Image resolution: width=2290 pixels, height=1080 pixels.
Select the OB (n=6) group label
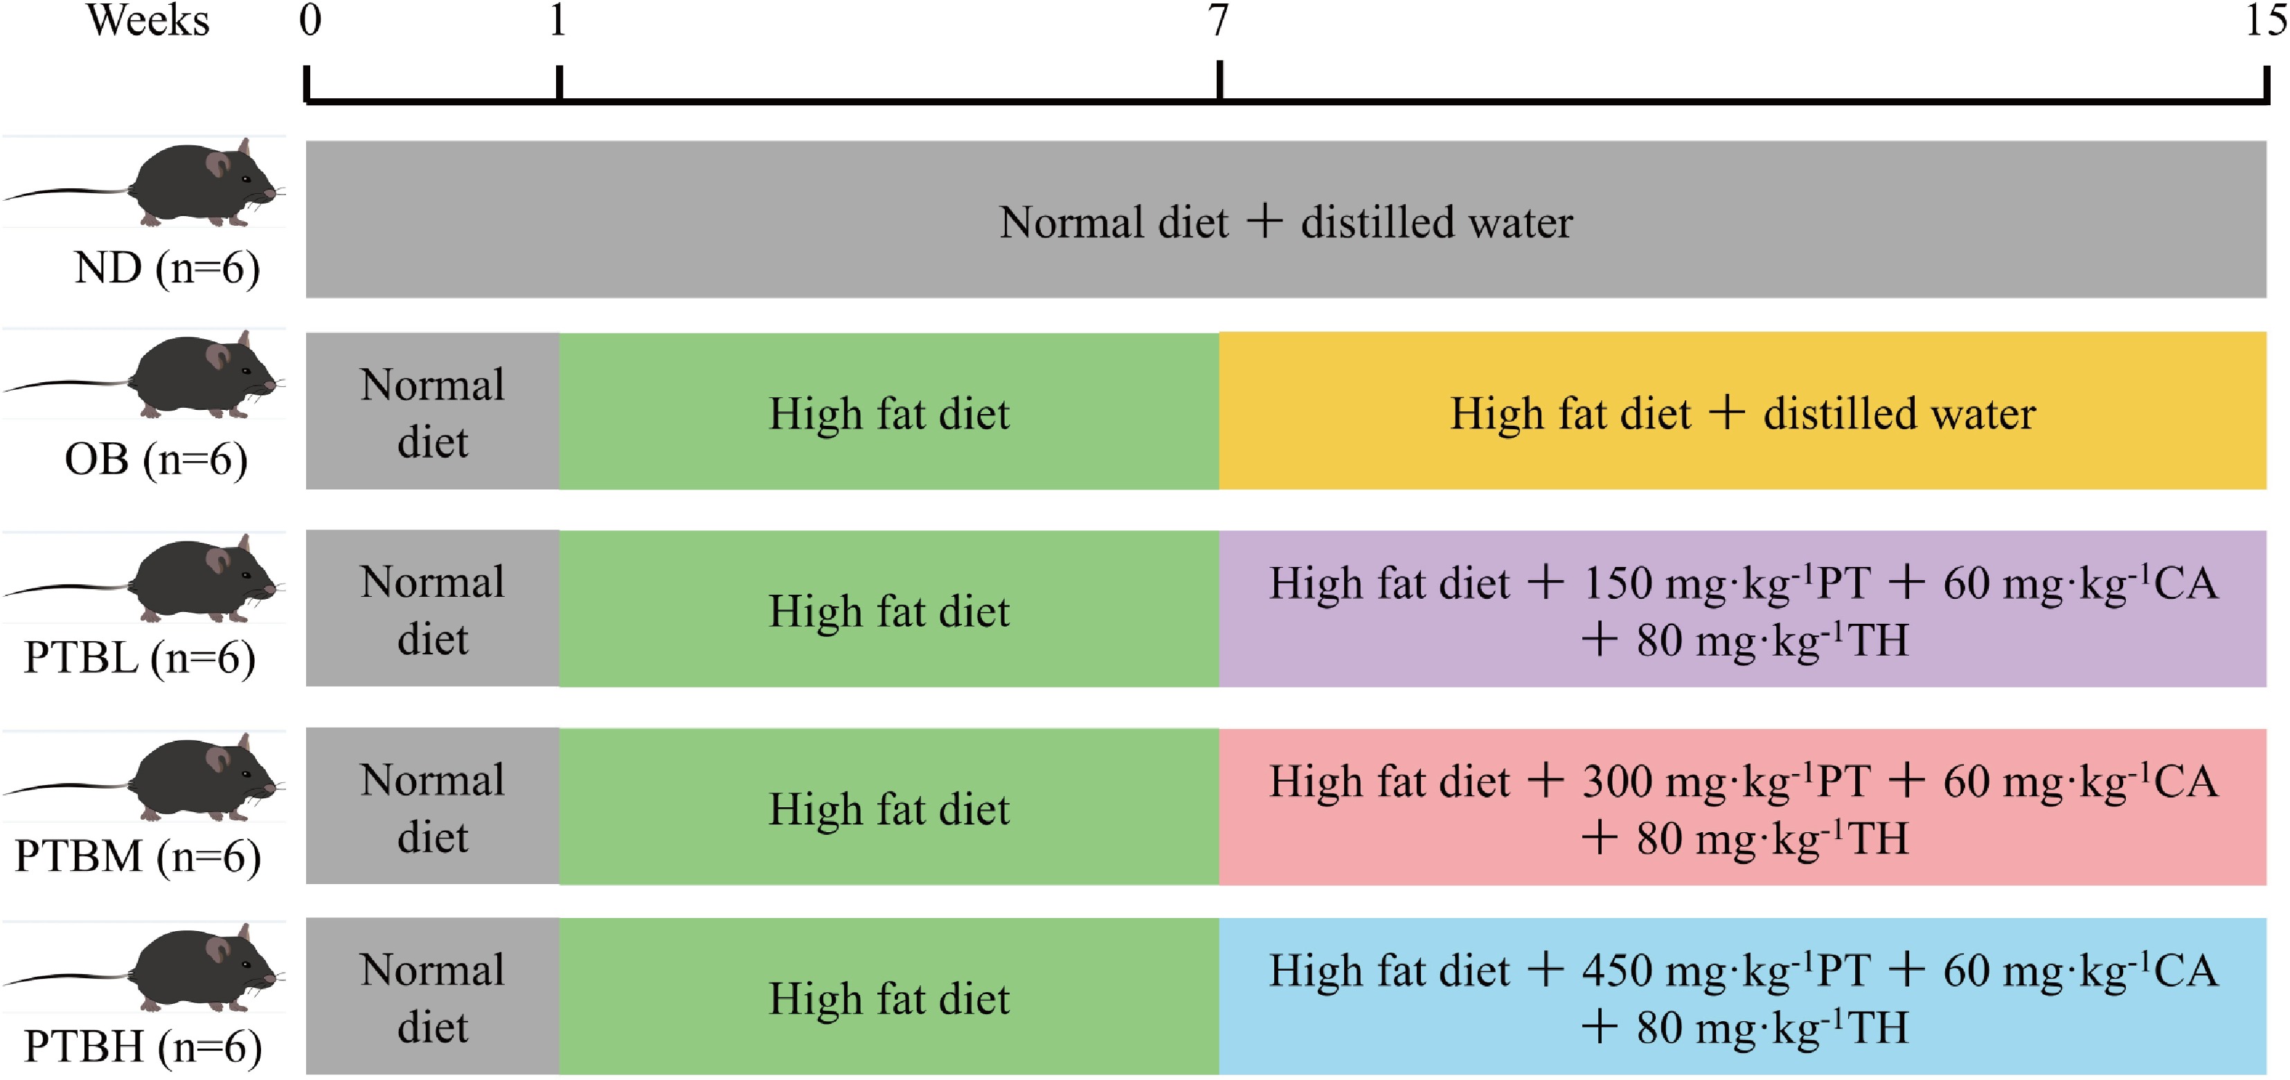point(156,460)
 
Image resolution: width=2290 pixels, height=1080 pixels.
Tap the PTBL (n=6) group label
point(140,658)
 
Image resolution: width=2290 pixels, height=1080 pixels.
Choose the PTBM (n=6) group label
point(138,856)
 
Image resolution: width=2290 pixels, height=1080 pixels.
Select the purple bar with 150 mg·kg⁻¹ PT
point(1742,610)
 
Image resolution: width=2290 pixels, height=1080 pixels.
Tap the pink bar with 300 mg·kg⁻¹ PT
point(1742,807)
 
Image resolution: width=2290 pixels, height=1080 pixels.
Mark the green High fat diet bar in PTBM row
point(889,807)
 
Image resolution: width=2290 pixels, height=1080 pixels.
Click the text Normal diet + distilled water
point(1285,222)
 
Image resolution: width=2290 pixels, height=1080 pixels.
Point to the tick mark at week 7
point(1219,80)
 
